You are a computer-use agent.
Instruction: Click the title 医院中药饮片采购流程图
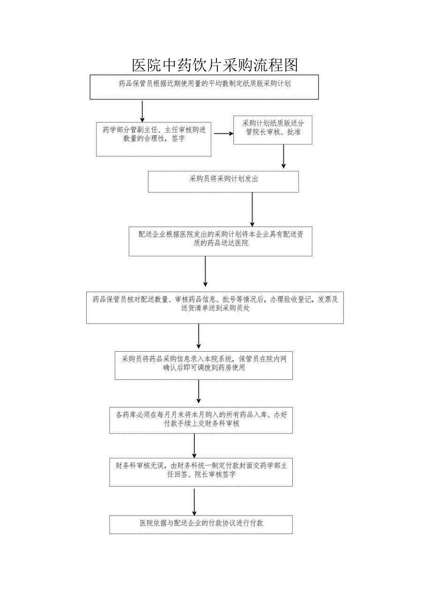pos(215,65)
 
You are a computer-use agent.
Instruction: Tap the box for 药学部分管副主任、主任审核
pos(154,139)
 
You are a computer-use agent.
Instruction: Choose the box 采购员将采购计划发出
pos(223,181)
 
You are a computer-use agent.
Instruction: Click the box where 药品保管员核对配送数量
pos(215,308)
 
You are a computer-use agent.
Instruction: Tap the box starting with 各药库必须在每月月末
pos(201,419)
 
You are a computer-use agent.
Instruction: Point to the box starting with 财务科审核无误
pos(201,472)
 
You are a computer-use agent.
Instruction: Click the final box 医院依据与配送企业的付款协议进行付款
pos(201,525)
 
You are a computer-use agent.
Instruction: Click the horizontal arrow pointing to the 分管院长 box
pos(223,134)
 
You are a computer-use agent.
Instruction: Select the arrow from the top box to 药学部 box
pos(142,111)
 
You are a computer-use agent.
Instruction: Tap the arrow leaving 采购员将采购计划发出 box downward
pos(252,209)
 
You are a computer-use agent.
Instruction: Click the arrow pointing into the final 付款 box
pos(194,501)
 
